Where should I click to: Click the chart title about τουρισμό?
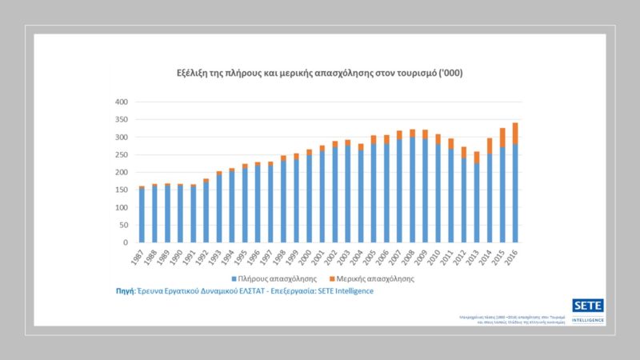[318, 73]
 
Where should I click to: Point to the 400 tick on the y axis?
[122, 102]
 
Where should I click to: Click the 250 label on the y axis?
[122, 155]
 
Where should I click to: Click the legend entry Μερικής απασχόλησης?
[380, 279]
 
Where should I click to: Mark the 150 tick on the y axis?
[122, 190]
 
